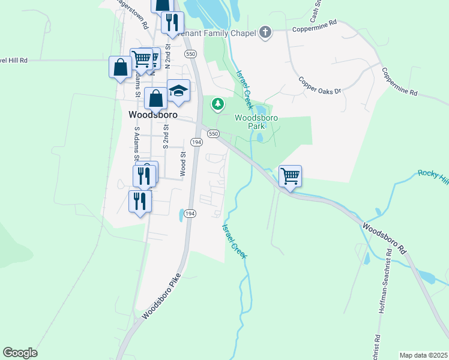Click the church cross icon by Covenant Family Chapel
(x=265, y=32)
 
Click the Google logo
(x=20, y=353)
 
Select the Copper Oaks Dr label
(x=319, y=85)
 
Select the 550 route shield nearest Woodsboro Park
(x=213, y=134)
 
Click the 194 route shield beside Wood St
(x=196, y=142)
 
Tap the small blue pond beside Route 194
(x=181, y=214)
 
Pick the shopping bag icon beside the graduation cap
(x=155, y=98)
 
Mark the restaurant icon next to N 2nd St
(x=172, y=23)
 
